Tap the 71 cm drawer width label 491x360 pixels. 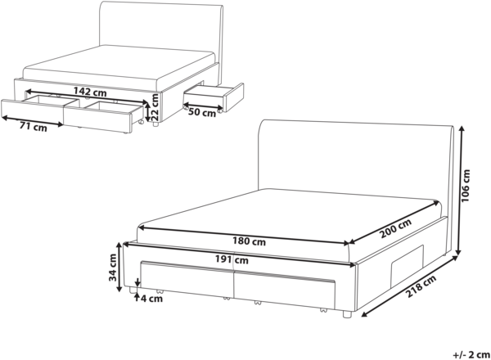coord(34,127)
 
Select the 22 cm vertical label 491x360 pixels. coord(155,107)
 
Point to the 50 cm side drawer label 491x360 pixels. coord(202,112)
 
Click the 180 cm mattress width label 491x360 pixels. coord(249,241)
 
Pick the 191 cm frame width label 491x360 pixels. coord(232,259)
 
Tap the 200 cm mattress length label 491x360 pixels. coord(395,228)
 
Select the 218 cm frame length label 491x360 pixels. coord(421,286)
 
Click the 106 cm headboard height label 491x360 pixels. coord(466,186)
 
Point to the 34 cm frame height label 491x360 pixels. coord(113,268)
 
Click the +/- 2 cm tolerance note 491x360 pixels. coord(471,354)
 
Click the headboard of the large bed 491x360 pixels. coord(356,163)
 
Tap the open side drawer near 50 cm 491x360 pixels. coord(213,97)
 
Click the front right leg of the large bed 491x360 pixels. coord(346,314)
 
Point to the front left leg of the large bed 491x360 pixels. coord(133,290)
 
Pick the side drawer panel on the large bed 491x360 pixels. coord(407,258)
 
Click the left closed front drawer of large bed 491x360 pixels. coord(187,280)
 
